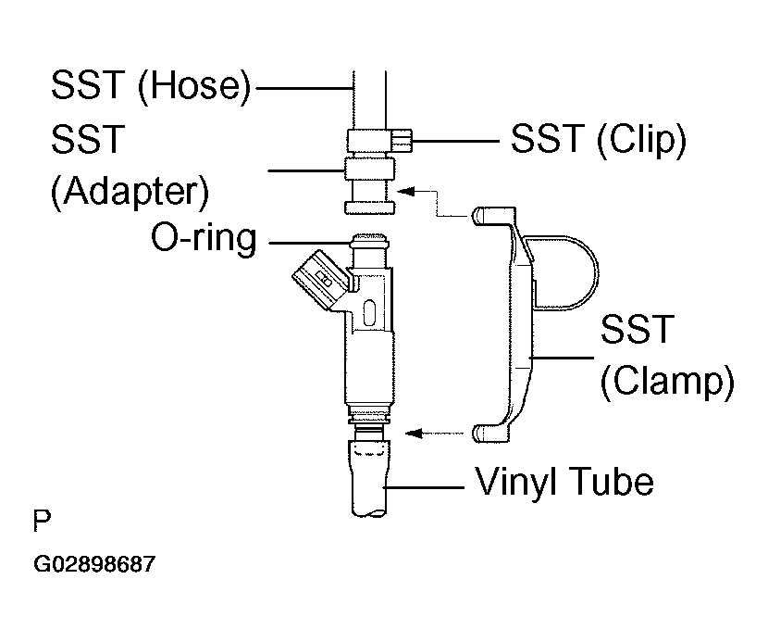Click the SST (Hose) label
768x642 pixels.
[x=151, y=86]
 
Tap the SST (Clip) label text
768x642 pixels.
[x=597, y=140]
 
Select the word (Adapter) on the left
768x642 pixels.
[x=129, y=193]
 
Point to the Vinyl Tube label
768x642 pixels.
[x=564, y=482]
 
